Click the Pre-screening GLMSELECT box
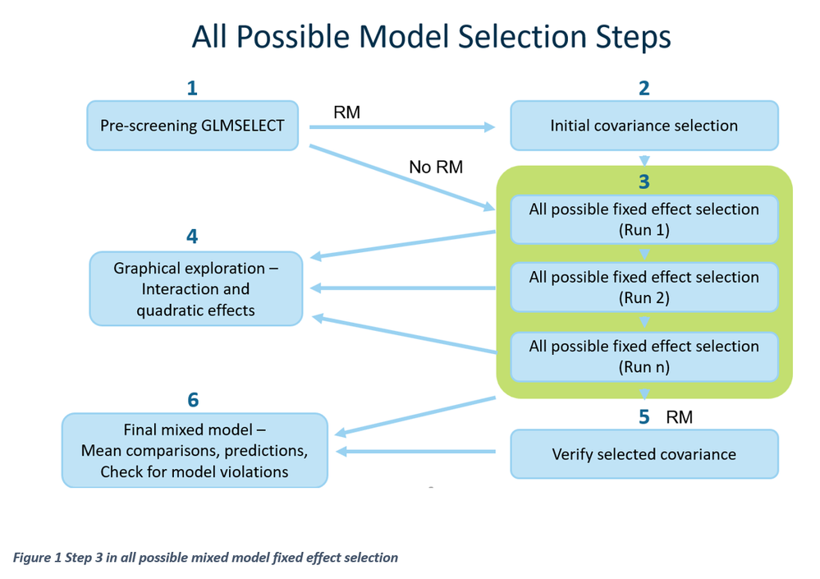tap(192, 126)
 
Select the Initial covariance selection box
tap(644, 126)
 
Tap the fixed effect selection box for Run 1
tap(644, 219)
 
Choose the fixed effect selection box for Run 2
tap(644, 287)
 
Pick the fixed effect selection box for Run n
tap(644, 356)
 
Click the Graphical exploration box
tap(195, 289)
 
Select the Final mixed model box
tap(194, 450)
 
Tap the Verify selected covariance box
tap(644, 454)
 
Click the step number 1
tap(192, 88)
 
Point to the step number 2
tap(644, 88)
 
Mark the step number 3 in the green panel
tap(644, 182)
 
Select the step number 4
tap(192, 237)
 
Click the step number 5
tap(644, 417)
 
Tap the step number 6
tap(193, 400)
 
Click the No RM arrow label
tap(436, 168)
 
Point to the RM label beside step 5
tap(679, 417)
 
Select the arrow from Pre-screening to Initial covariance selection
tap(402, 127)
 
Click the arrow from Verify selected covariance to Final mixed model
tap(419, 452)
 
